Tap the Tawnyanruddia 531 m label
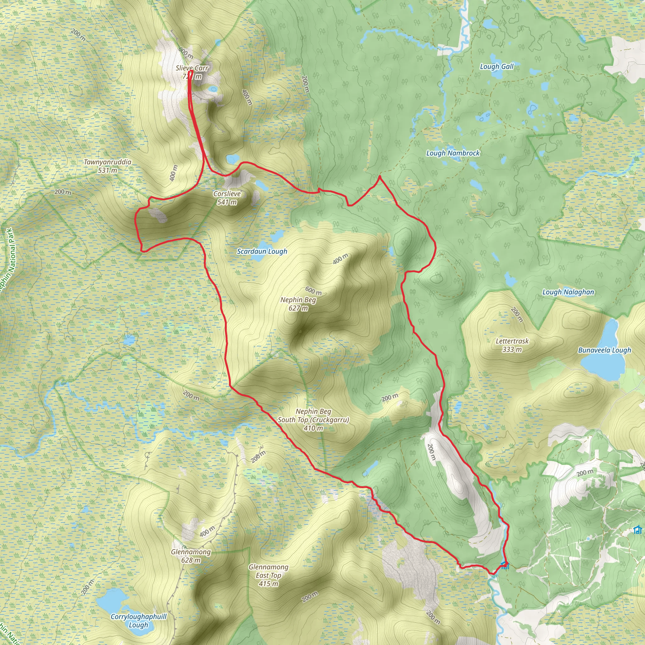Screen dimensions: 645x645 [x=107, y=166]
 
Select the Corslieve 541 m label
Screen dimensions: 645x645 [x=227, y=198]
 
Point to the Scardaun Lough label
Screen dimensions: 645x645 [x=262, y=251]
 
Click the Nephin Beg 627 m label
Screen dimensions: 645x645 [x=298, y=304]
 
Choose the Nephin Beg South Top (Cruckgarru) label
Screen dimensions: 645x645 [x=313, y=420]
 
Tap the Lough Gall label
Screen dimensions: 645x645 [x=496, y=66]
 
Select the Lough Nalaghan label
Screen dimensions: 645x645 [x=568, y=292]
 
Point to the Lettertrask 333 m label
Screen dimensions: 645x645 [x=512, y=345]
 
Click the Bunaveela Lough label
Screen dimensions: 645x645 [x=605, y=350]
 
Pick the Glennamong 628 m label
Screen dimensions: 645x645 [x=191, y=556]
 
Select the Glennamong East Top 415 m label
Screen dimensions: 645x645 [x=268, y=575]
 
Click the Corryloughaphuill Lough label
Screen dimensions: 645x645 [x=139, y=621]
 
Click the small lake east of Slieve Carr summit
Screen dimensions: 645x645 [x=213, y=89]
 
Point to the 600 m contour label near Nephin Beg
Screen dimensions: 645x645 [x=313, y=291]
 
